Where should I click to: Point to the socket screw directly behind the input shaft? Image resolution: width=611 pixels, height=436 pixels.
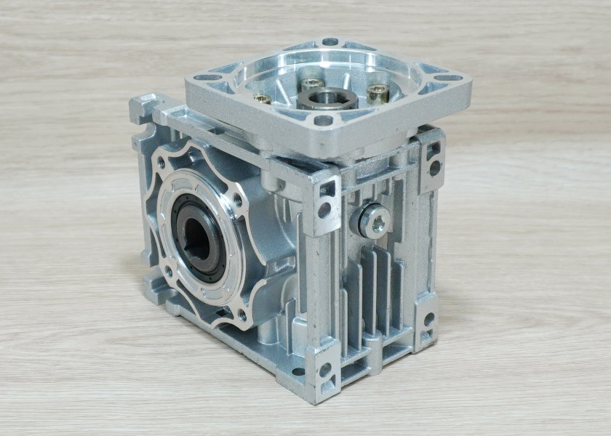pyautogui.click(x=312, y=83)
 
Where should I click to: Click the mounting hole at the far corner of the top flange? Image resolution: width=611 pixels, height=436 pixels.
pyautogui.click(x=330, y=41)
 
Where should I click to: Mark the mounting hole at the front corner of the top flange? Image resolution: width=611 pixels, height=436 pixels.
pyautogui.click(x=323, y=121)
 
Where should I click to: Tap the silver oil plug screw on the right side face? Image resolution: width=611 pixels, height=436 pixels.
pyautogui.click(x=375, y=221)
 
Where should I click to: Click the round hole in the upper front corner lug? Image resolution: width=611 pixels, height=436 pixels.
pyautogui.click(x=324, y=211)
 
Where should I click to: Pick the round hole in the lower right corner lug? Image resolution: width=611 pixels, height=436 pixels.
pyautogui.click(x=428, y=320)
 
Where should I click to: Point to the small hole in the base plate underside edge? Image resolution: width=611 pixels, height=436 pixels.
pyautogui.click(x=297, y=371)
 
